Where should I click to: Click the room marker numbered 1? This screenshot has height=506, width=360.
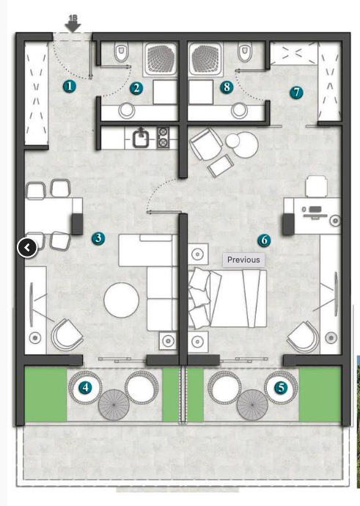pos(69,86)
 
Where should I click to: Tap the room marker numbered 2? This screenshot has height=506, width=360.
pos(136,88)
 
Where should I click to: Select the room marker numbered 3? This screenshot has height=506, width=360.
pos(98,238)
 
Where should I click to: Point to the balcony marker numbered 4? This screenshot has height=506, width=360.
pos(87,387)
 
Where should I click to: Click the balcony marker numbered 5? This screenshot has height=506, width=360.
pos(280,387)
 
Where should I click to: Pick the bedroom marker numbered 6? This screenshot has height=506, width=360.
pos(264,240)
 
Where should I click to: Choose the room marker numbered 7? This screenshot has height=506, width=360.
pos(296,92)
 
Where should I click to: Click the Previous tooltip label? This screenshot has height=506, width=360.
pos(243,260)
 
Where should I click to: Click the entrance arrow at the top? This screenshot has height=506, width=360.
pos(73,24)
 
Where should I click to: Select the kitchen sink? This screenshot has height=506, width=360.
pos(139,136)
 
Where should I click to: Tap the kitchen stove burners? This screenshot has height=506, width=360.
pos(163,136)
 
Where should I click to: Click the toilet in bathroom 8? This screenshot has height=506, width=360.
pos(246,54)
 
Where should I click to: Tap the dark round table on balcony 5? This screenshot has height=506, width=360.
pos(252,403)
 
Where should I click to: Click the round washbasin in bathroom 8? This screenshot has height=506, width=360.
pos(239,111)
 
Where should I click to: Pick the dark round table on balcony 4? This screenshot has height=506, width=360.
pos(114,403)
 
